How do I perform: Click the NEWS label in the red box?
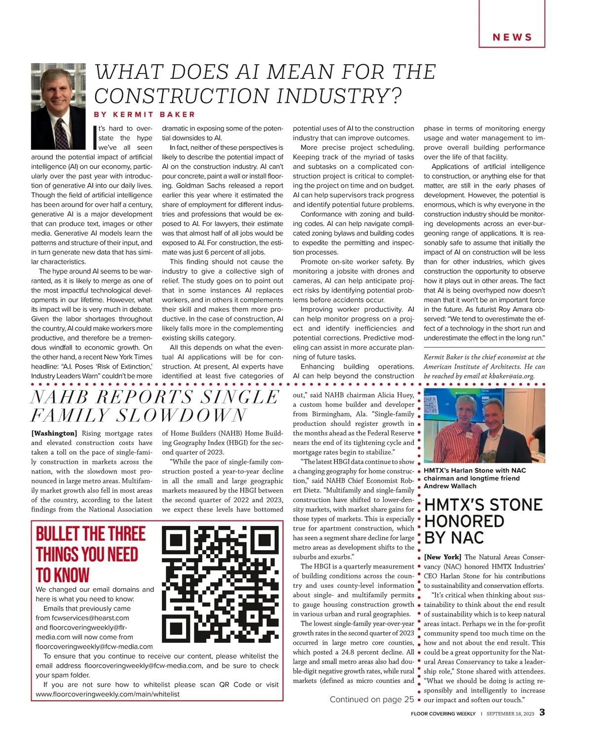pyautogui.click(x=512, y=37)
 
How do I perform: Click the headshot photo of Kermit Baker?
pyautogui.click(x=58, y=106)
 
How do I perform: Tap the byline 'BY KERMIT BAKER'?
pyautogui.click(x=145, y=114)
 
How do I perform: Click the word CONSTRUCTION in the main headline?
pyautogui.click(x=182, y=96)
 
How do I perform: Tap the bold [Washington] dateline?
pyautogui.click(x=54, y=433)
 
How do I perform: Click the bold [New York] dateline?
pyautogui.click(x=443, y=557)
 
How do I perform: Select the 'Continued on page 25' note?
pyautogui.click(x=371, y=699)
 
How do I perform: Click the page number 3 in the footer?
pyautogui.click(x=542, y=712)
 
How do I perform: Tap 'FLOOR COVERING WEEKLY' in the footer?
pyautogui.click(x=443, y=713)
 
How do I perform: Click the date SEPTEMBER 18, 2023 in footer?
pyautogui.click(x=510, y=713)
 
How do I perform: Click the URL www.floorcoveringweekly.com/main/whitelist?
pyautogui.click(x=108, y=694)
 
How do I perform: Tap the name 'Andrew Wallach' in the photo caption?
pyautogui.click(x=450, y=486)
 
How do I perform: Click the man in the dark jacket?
pyautogui.click(x=507, y=434)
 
